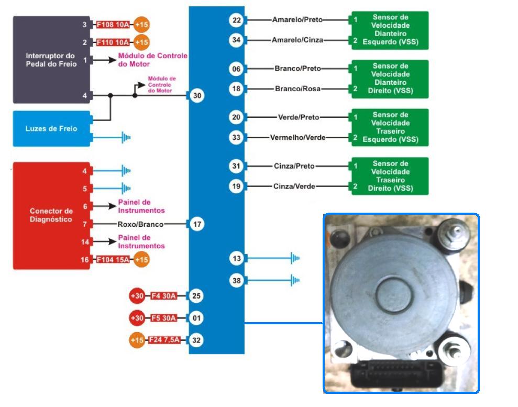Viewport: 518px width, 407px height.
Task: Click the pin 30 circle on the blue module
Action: (197, 96)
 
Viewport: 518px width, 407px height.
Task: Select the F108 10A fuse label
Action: (113, 25)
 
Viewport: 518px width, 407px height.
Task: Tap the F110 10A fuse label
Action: (113, 42)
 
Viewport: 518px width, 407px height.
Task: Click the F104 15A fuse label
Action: (113, 259)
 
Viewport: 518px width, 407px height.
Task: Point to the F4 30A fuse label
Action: (163, 296)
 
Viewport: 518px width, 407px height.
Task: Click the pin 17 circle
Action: (197, 224)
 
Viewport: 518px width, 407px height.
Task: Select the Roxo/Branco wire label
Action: (140, 224)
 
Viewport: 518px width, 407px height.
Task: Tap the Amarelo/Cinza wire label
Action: (297, 40)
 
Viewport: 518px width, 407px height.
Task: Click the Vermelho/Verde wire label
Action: (297, 138)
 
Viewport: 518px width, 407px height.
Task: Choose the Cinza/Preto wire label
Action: (294, 166)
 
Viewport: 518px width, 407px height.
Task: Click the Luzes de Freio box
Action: (51, 128)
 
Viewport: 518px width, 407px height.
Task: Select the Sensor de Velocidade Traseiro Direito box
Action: (390, 176)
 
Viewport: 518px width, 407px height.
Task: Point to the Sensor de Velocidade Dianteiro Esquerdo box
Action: (390, 30)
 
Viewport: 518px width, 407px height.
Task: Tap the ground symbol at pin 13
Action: (295, 258)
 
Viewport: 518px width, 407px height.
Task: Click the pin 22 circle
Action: (236, 20)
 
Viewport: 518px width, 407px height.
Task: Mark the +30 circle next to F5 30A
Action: (137, 318)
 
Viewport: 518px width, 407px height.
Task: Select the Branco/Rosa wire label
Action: (297, 89)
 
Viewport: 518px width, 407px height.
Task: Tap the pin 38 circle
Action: (236, 281)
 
